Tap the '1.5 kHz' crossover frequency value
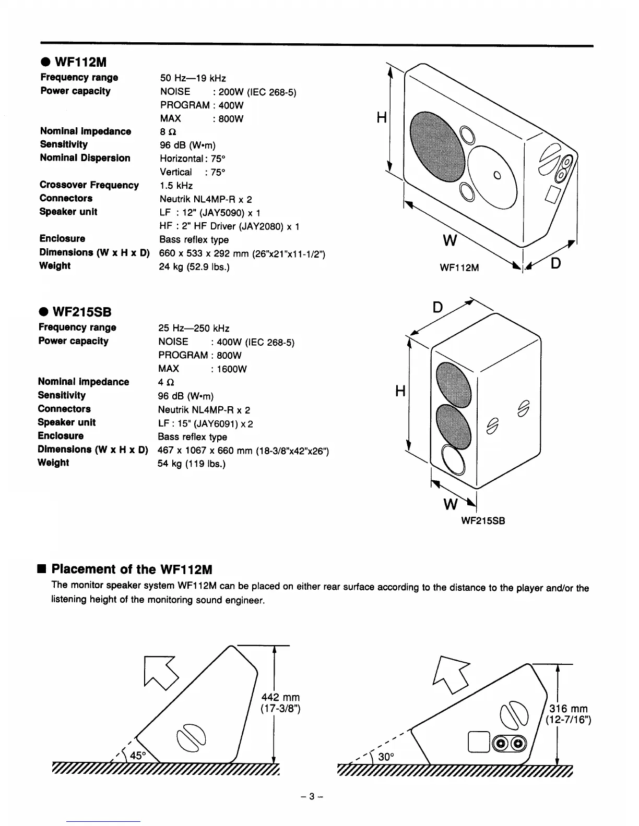point(176,186)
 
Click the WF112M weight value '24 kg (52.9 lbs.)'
point(194,267)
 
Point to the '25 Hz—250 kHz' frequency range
point(194,329)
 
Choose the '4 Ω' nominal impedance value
point(166,383)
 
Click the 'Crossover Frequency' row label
point(89,185)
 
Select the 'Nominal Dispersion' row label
point(85,158)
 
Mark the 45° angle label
point(137,755)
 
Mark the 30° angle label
point(385,757)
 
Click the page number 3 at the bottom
point(313,796)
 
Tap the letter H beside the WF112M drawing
point(381,118)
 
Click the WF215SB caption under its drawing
point(483,521)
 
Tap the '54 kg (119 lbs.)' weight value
point(191,464)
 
